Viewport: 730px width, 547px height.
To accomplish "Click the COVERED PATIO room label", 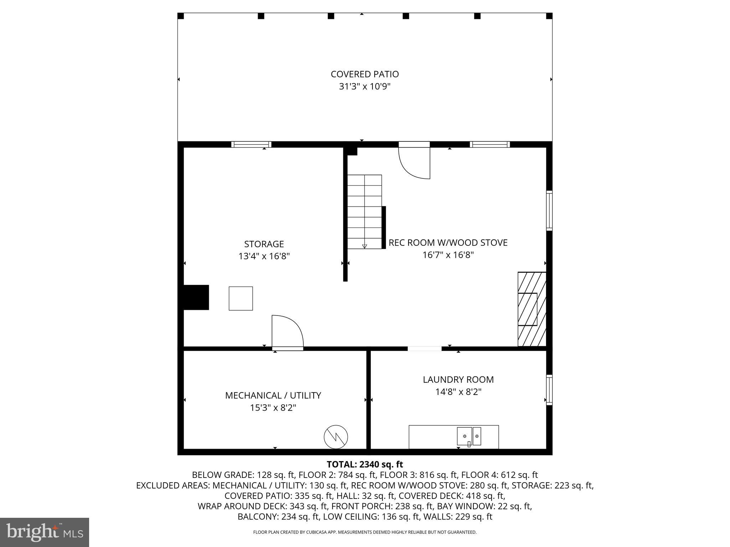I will click(365, 74).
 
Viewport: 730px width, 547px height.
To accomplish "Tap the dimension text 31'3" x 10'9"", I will click(365, 87).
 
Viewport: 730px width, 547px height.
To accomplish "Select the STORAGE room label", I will click(264, 244).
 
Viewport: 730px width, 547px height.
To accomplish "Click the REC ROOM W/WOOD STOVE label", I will click(448, 243).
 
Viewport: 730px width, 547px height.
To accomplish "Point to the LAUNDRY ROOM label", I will click(458, 380).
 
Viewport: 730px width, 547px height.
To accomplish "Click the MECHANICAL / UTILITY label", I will click(273, 395).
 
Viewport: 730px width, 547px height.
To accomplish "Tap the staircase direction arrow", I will click(364, 246).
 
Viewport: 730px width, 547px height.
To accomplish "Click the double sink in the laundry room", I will click(469, 436).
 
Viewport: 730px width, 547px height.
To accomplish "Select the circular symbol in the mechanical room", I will click(336, 437).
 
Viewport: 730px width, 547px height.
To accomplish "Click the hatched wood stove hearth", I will click(531, 309).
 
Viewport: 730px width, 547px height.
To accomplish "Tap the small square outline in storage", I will click(241, 298).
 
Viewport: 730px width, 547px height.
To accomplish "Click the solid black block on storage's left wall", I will click(196, 297).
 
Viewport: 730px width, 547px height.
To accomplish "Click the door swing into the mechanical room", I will click(287, 331).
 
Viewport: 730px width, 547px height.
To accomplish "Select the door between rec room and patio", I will click(414, 160).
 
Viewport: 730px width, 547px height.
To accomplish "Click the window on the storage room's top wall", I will click(251, 144).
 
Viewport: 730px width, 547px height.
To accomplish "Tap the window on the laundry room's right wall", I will click(549, 390).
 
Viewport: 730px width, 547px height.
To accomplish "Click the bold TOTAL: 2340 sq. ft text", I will click(365, 464).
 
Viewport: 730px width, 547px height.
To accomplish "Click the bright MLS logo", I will click(45, 532).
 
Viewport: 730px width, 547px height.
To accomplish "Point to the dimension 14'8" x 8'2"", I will click(458, 392).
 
